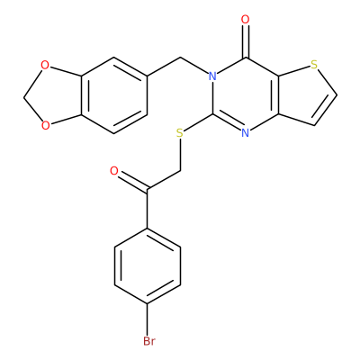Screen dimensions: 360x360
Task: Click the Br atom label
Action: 149,341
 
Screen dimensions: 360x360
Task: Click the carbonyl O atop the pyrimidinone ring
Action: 246,20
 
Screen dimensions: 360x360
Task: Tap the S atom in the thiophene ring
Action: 314,65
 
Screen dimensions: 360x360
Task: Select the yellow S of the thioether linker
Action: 180,133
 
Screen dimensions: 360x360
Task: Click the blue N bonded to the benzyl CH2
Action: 212,76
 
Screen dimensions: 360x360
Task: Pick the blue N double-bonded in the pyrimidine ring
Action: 246,133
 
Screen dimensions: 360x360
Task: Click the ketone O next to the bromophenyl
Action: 114,171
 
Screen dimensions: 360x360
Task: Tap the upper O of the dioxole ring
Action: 45,65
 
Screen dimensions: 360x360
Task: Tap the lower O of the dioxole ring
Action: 45,125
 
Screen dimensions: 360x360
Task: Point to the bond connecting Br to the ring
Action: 147,319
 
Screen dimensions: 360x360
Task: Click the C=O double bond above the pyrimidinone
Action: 246,41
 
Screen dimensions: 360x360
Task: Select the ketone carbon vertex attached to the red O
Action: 147,190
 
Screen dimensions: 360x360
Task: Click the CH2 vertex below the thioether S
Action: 180,171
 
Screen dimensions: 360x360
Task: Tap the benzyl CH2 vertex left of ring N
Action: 180,57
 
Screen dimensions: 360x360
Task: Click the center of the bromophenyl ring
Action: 147,265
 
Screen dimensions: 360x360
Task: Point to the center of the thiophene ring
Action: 304,95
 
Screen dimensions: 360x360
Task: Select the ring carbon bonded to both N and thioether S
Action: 212,114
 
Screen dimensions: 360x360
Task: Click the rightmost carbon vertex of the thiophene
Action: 337,95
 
